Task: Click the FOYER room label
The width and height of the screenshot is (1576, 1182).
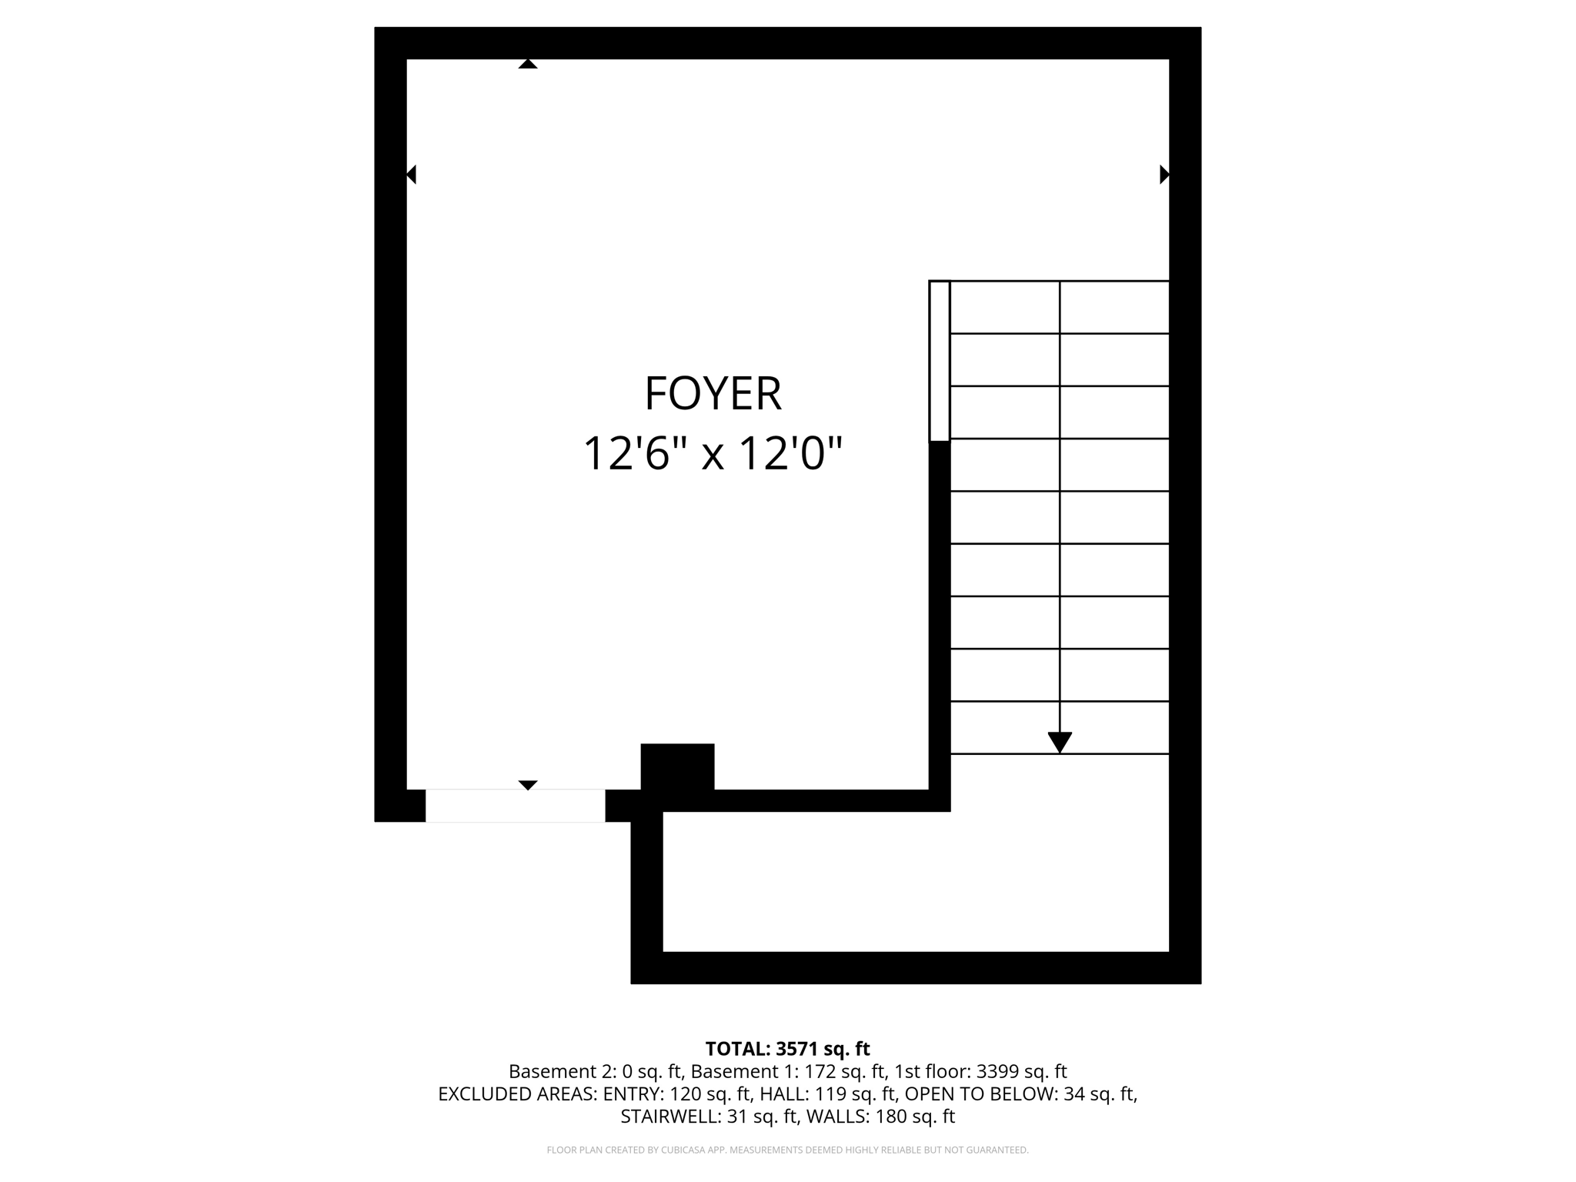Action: (x=713, y=393)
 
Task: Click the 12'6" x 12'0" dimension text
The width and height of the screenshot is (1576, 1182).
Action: (x=713, y=452)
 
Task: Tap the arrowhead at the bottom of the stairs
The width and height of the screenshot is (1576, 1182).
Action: (x=1060, y=742)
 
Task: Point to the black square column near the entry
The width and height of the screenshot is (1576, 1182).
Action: (x=677, y=766)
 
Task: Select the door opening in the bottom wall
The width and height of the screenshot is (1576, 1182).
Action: (x=515, y=806)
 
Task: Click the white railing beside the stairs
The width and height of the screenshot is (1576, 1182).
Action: (x=940, y=361)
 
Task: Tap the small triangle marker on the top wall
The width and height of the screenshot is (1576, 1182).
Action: (x=528, y=64)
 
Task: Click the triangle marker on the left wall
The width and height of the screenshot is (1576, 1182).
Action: (x=412, y=175)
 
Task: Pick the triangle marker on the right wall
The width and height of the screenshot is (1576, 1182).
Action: (x=1164, y=175)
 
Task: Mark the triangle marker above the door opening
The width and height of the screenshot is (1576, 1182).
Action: (x=528, y=785)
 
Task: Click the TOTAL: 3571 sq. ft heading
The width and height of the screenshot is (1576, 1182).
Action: (x=787, y=1049)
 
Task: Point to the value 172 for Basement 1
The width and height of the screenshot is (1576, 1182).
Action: (x=820, y=1071)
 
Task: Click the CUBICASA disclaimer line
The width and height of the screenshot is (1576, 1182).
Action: (x=787, y=1150)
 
